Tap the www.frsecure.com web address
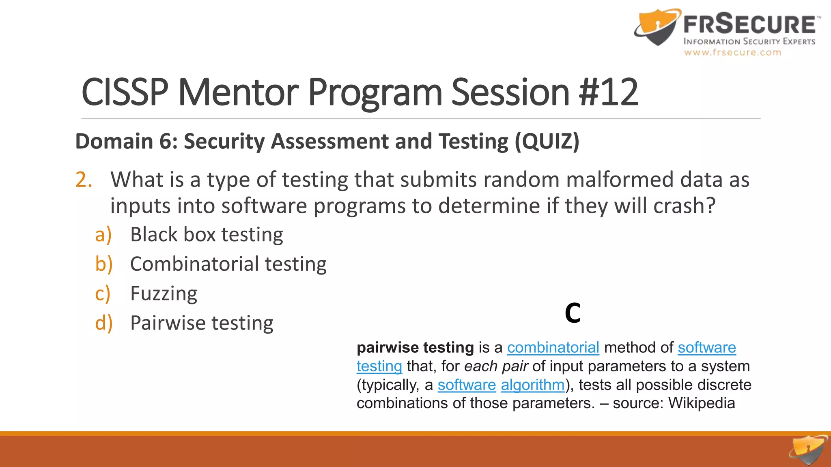(732, 52)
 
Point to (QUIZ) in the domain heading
(547, 141)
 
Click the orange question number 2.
(84, 180)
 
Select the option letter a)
(103, 235)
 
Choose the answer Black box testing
(207, 235)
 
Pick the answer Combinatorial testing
(228, 264)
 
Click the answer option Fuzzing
(164, 293)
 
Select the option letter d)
(103, 323)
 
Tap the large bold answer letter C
(573, 313)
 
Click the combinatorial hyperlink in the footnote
(553, 348)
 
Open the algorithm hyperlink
(532, 385)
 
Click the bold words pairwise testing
(415, 348)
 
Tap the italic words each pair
(495, 366)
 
